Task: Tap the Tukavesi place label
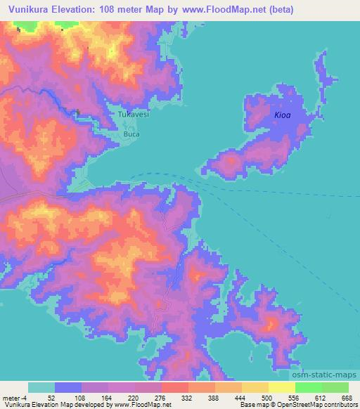132,113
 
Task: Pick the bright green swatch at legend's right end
335,388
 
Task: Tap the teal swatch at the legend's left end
41,388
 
